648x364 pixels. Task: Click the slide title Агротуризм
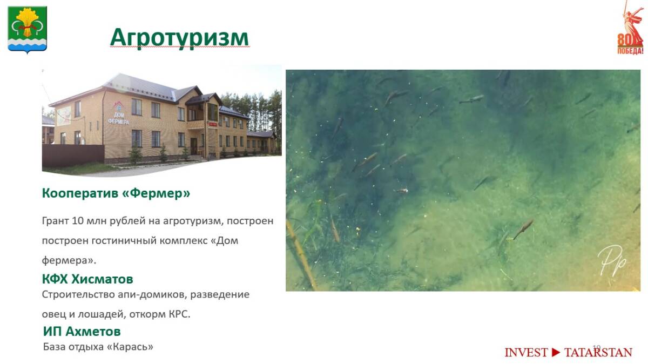[x=179, y=38]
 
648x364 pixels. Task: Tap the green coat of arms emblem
[x=27, y=30]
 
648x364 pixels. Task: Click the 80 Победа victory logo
[x=631, y=28]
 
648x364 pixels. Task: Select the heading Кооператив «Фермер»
[x=116, y=193]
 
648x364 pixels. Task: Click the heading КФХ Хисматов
[x=87, y=279]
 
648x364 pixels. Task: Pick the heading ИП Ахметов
[x=82, y=331]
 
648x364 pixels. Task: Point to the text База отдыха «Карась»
[x=98, y=347]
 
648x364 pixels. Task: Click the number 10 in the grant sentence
[x=78, y=221]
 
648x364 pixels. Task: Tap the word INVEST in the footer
[x=526, y=353]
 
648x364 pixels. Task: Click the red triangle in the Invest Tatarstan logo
[x=556, y=353]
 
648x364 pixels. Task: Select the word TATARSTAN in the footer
[x=598, y=353]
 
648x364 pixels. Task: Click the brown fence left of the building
[x=73, y=156]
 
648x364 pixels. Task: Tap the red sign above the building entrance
[x=213, y=124]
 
